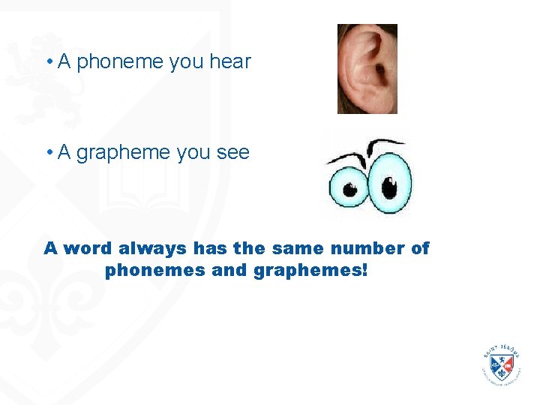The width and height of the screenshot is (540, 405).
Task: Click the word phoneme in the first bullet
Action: [x=121, y=62]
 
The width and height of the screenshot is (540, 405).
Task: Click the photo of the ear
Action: [x=367, y=69]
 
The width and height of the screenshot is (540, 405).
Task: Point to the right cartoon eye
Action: [x=390, y=184]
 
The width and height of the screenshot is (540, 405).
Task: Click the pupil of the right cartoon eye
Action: [x=388, y=187]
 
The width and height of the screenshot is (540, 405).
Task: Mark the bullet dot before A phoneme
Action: [x=47, y=62]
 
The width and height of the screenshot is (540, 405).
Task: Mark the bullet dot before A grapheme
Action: [x=47, y=154]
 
